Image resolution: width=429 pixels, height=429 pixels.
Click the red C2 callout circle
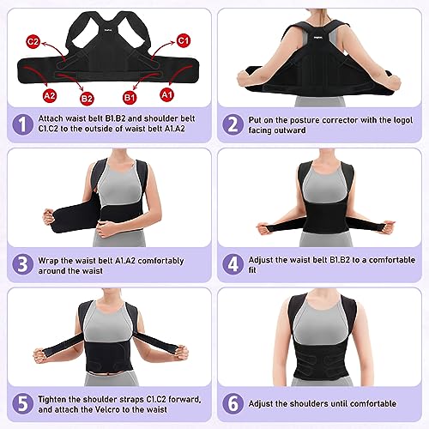click(33, 42)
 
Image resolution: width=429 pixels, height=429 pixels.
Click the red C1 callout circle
click(183, 40)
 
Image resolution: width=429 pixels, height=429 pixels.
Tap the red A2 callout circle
click(50, 95)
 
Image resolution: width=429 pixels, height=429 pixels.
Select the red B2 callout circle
click(87, 99)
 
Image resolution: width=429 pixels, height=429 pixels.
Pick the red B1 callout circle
click(130, 98)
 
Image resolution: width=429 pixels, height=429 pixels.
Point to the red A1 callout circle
click(166, 94)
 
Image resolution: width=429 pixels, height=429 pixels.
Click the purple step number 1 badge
click(22, 124)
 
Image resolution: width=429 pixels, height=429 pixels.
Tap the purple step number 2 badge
click(233, 124)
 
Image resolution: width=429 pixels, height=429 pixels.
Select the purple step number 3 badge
click(22, 264)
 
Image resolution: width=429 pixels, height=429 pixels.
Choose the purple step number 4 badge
click(233, 264)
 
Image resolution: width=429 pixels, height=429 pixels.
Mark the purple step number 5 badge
click(22, 403)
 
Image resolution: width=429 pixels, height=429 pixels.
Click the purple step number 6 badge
click(233, 403)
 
